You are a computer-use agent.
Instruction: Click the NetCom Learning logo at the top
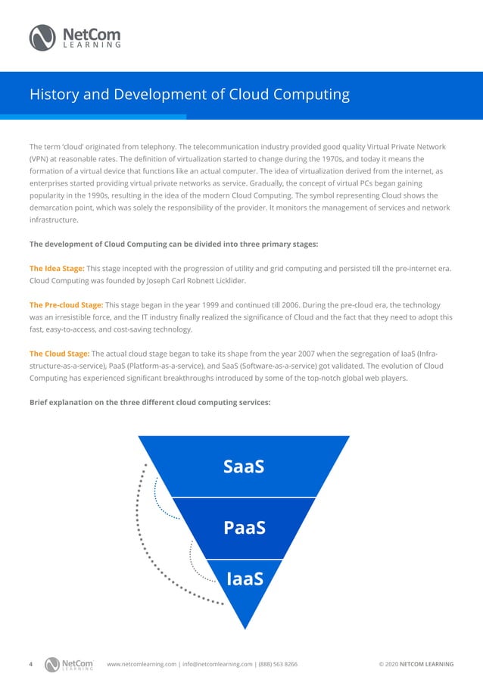pyautogui.click(x=74, y=36)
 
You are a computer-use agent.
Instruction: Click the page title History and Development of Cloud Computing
pyautogui.click(x=189, y=95)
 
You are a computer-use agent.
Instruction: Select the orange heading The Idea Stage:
pyautogui.click(x=57, y=268)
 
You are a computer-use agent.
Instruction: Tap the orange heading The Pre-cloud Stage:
pyautogui.click(x=67, y=304)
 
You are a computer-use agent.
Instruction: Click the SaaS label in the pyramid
pyautogui.click(x=244, y=466)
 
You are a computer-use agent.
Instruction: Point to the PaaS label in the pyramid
pyautogui.click(x=244, y=527)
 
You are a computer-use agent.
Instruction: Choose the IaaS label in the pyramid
pyautogui.click(x=244, y=580)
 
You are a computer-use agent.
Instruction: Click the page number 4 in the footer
pyautogui.click(x=30, y=664)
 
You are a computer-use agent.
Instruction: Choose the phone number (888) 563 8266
pyautogui.click(x=277, y=664)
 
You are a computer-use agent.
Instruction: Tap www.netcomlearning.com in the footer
pyautogui.click(x=142, y=664)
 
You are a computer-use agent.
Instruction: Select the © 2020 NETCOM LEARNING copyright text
pyautogui.click(x=416, y=664)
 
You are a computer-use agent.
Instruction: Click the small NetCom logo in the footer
pyautogui.click(x=69, y=664)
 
